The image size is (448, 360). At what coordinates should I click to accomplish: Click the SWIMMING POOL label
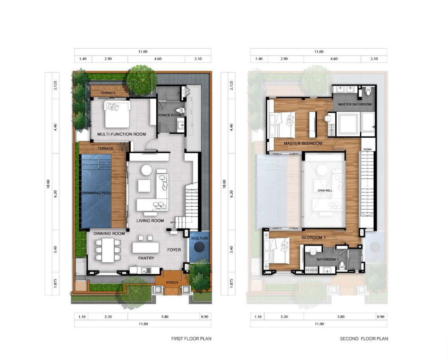[96, 193]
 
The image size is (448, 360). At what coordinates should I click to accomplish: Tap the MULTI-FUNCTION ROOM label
[121, 134]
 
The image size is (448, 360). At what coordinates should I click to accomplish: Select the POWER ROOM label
[170, 115]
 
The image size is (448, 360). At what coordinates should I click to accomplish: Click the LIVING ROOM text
[150, 220]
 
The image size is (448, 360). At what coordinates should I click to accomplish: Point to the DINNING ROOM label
[109, 233]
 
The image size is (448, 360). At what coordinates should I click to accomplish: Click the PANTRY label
[146, 258]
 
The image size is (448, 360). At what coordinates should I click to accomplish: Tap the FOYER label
[174, 250]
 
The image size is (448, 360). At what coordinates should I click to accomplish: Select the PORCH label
[172, 282]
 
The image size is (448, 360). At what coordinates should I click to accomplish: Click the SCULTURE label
[200, 238]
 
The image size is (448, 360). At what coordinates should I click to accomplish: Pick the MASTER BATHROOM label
[354, 104]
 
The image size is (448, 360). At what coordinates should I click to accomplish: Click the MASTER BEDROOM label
[303, 143]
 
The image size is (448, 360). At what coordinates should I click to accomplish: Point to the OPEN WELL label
[325, 191]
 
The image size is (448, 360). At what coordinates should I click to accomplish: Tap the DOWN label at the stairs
[367, 149]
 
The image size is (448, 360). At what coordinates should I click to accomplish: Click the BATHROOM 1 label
[328, 259]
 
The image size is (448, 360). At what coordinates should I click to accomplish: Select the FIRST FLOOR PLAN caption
[192, 339]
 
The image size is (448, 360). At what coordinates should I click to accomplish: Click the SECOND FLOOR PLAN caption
[364, 339]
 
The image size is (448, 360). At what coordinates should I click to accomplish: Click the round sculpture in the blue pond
[199, 247]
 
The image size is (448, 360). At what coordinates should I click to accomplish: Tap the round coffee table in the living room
[146, 170]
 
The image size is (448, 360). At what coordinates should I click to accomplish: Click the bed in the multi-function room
[118, 114]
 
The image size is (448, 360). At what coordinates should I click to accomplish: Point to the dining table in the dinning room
[108, 250]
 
